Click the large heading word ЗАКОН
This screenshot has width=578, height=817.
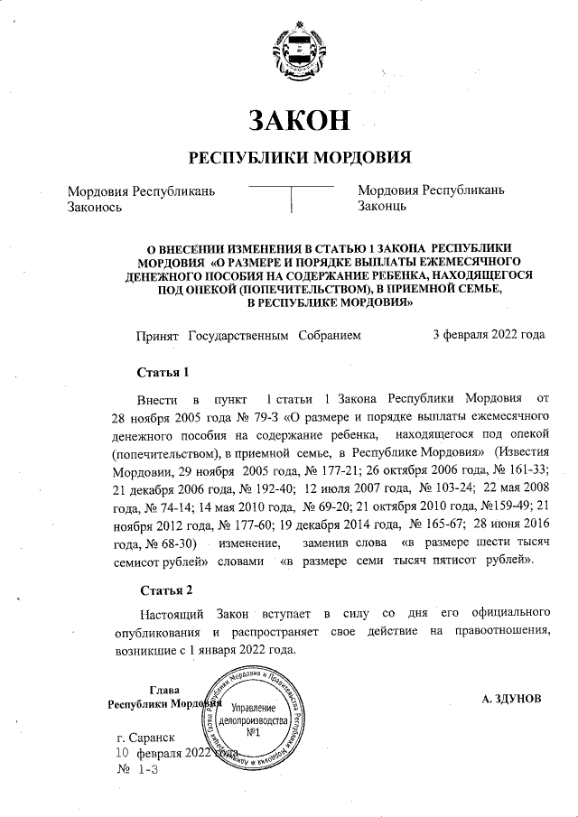(298, 120)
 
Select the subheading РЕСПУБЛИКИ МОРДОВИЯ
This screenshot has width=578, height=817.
(299, 158)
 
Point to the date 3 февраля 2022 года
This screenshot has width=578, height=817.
(489, 334)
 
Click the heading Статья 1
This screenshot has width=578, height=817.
(163, 372)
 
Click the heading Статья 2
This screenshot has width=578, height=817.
(164, 591)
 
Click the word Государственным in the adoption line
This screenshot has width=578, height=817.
(241, 334)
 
